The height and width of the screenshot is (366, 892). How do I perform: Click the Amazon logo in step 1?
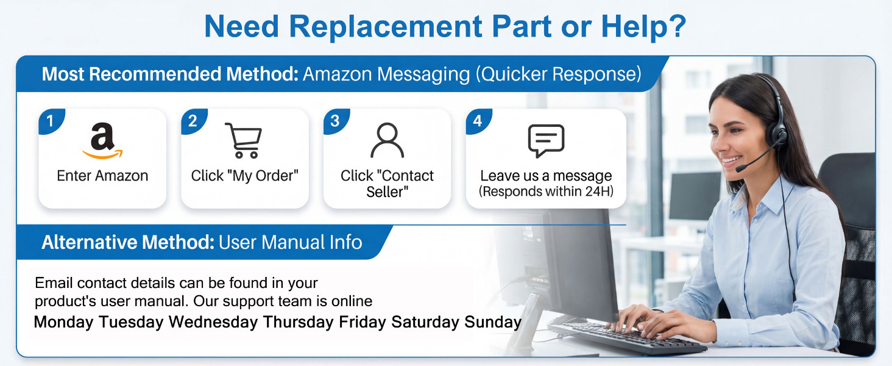pyautogui.click(x=102, y=141)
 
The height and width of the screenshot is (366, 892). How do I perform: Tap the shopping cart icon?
pyautogui.click(x=244, y=140)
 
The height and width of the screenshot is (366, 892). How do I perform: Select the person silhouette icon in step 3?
pyautogui.click(x=387, y=140)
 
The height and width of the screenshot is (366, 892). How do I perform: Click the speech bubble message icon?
pyautogui.click(x=546, y=141)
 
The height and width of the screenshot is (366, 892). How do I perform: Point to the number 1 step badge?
pyautogui.click(x=50, y=120)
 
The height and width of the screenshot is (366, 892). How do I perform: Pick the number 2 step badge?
pyautogui.click(x=193, y=120)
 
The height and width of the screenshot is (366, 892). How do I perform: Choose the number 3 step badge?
pyautogui.click(x=335, y=120)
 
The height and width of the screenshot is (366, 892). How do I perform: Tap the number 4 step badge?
pyautogui.click(x=478, y=120)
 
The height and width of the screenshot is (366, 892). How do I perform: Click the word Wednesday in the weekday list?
pyautogui.click(x=213, y=321)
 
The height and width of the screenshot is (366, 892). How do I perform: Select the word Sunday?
pyautogui.click(x=493, y=322)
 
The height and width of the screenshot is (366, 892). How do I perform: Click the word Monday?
pyautogui.click(x=64, y=322)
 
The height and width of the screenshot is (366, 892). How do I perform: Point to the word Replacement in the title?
pyautogui.click(x=386, y=27)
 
